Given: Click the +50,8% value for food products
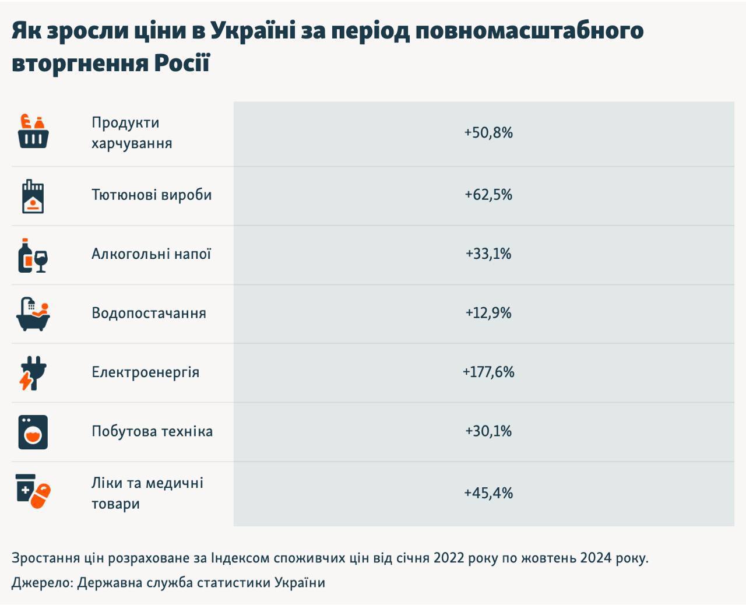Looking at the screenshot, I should [x=488, y=133].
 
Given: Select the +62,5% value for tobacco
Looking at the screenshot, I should [x=488, y=195].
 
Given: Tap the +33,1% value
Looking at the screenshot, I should [x=488, y=254].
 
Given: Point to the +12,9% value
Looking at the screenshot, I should [x=488, y=313].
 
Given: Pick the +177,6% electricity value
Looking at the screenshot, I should [x=488, y=372].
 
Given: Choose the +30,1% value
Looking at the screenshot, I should [x=488, y=431].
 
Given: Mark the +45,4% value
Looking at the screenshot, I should [x=488, y=493].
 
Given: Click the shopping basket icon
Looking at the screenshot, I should [x=33, y=131].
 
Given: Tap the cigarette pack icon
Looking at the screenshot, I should [x=33, y=196].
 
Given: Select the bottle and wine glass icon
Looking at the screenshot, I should [x=33, y=255].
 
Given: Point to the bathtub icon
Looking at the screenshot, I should [x=33, y=314].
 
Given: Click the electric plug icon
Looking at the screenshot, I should [x=33, y=373].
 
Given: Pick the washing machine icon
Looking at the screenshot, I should [x=33, y=432].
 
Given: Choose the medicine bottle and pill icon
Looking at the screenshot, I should [x=33, y=491].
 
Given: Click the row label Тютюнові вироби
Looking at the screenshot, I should [x=152, y=195].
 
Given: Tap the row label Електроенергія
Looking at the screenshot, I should [x=145, y=372].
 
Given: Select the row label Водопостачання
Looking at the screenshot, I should [x=149, y=313].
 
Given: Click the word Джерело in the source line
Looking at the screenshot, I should [x=42, y=582].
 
